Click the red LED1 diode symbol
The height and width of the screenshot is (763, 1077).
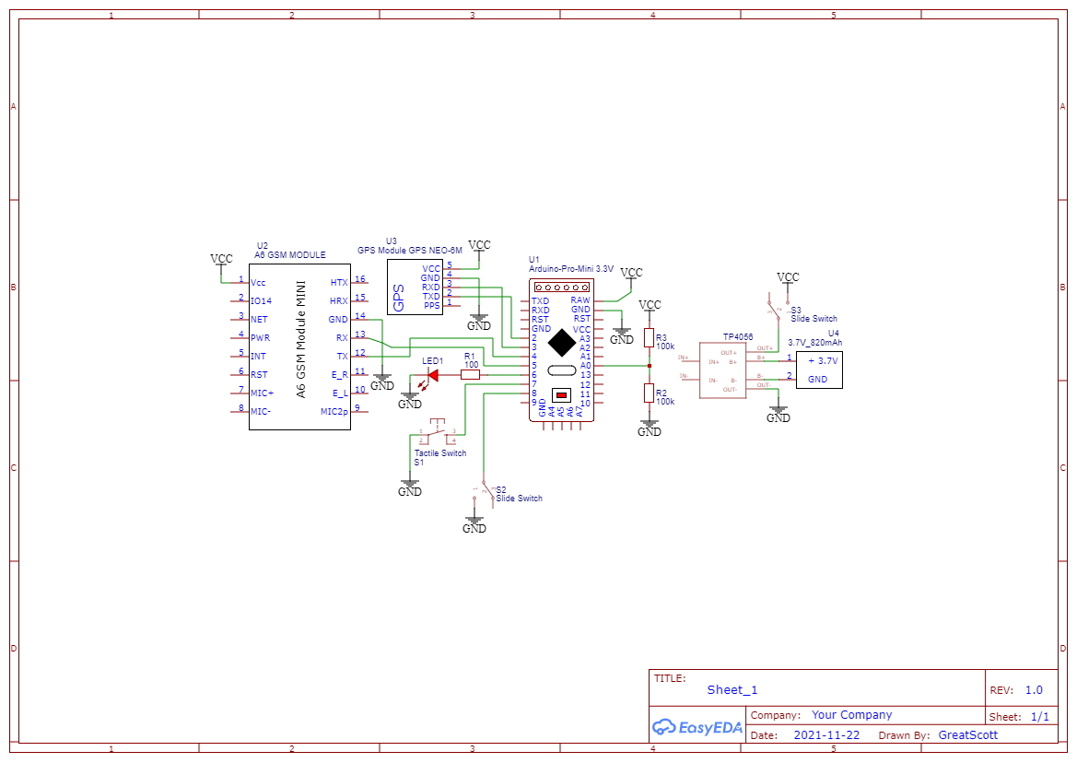click(x=432, y=375)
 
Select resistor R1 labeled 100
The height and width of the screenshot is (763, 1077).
click(x=471, y=375)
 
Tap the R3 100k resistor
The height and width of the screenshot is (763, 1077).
click(x=650, y=339)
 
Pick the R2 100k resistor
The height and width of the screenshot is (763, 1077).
click(x=650, y=394)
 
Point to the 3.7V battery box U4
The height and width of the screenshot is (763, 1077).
click(x=819, y=370)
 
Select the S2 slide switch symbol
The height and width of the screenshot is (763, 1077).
click(x=486, y=493)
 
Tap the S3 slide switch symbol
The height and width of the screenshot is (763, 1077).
click(x=776, y=308)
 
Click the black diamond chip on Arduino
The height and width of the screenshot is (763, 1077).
click(x=560, y=343)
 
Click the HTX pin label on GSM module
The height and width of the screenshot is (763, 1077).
click(x=339, y=282)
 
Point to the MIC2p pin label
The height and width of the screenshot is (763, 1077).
click(x=334, y=411)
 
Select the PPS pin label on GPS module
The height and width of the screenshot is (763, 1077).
click(x=432, y=305)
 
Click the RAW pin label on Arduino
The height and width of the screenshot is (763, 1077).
click(x=580, y=300)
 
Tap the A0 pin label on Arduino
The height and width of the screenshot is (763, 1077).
click(x=585, y=366)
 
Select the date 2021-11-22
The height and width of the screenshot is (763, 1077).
click(x=826, y=735)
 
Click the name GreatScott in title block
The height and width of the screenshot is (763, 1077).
click(x=967, y=735)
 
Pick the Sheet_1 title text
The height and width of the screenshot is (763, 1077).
click(x=732, y=690)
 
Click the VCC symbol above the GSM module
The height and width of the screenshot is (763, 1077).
click(x=221, y=260)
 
